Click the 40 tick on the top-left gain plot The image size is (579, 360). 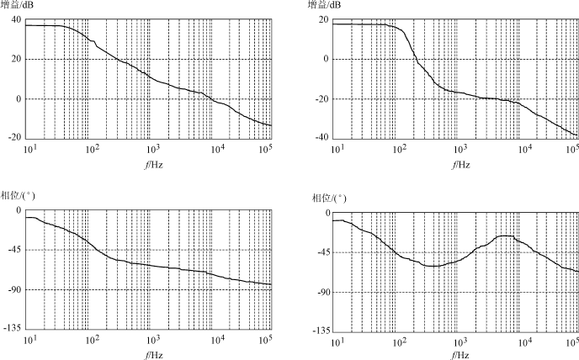[16, 19]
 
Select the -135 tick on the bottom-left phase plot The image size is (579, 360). [13, 328]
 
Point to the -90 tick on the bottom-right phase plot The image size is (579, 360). [322, 292]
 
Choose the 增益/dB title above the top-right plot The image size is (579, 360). [325, 7]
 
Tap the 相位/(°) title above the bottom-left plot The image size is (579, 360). [19, 196]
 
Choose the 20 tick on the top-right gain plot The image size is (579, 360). [325, 19]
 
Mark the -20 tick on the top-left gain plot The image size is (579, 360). [14, 138]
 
